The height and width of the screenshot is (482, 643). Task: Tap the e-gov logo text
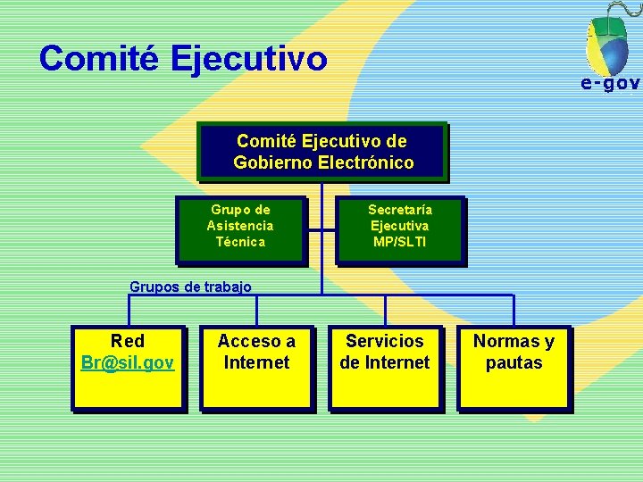click(610, 84)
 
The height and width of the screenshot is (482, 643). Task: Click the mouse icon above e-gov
click(607, 40)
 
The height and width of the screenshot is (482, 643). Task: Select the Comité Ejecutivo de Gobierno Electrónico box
click(322, 150)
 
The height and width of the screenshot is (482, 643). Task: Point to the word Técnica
click(240, 242)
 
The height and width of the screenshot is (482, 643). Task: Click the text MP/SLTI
click(400, 242)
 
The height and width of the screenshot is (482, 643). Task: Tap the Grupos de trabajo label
click(190, 287)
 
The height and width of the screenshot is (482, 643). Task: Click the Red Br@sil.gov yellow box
click(128, 368)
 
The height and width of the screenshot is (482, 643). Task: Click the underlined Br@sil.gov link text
click(128, 363)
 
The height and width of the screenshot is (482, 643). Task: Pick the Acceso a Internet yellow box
click(256, 368)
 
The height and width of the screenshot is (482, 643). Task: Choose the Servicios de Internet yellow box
click(385, 368)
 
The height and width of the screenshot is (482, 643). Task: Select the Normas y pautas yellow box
click(514, 368)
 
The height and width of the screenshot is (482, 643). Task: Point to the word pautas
click(514, 363)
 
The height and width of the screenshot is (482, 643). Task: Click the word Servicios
click(385, 341)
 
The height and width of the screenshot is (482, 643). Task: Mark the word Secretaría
click(400, 210)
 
